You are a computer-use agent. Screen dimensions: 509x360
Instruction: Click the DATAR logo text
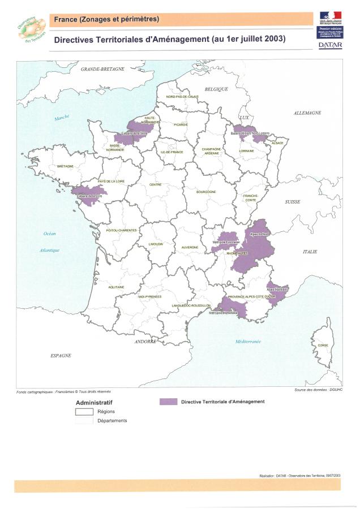tap(330, 45)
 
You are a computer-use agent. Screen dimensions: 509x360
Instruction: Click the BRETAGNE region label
tap(66, 166)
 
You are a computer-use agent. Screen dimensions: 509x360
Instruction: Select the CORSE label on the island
tap(323, 345)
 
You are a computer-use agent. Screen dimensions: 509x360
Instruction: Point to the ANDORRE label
tap(145, 342)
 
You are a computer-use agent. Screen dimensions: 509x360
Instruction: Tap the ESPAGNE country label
tap(61, 355)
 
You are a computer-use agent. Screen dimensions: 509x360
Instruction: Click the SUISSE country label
tap(293, 201)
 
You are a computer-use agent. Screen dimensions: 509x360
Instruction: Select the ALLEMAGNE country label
tap(307, 113)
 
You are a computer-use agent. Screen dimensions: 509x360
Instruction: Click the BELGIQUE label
tap(216, 89)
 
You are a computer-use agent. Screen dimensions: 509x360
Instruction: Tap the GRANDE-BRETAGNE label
tap(102, 68)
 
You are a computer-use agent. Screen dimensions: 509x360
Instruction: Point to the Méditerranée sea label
tap(248, 342)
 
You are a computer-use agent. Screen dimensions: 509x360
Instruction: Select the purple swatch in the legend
tap(168, 402)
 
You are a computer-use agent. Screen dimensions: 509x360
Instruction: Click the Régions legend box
tap(84, 412)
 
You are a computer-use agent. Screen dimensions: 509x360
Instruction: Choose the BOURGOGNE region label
tap(206, 192)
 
